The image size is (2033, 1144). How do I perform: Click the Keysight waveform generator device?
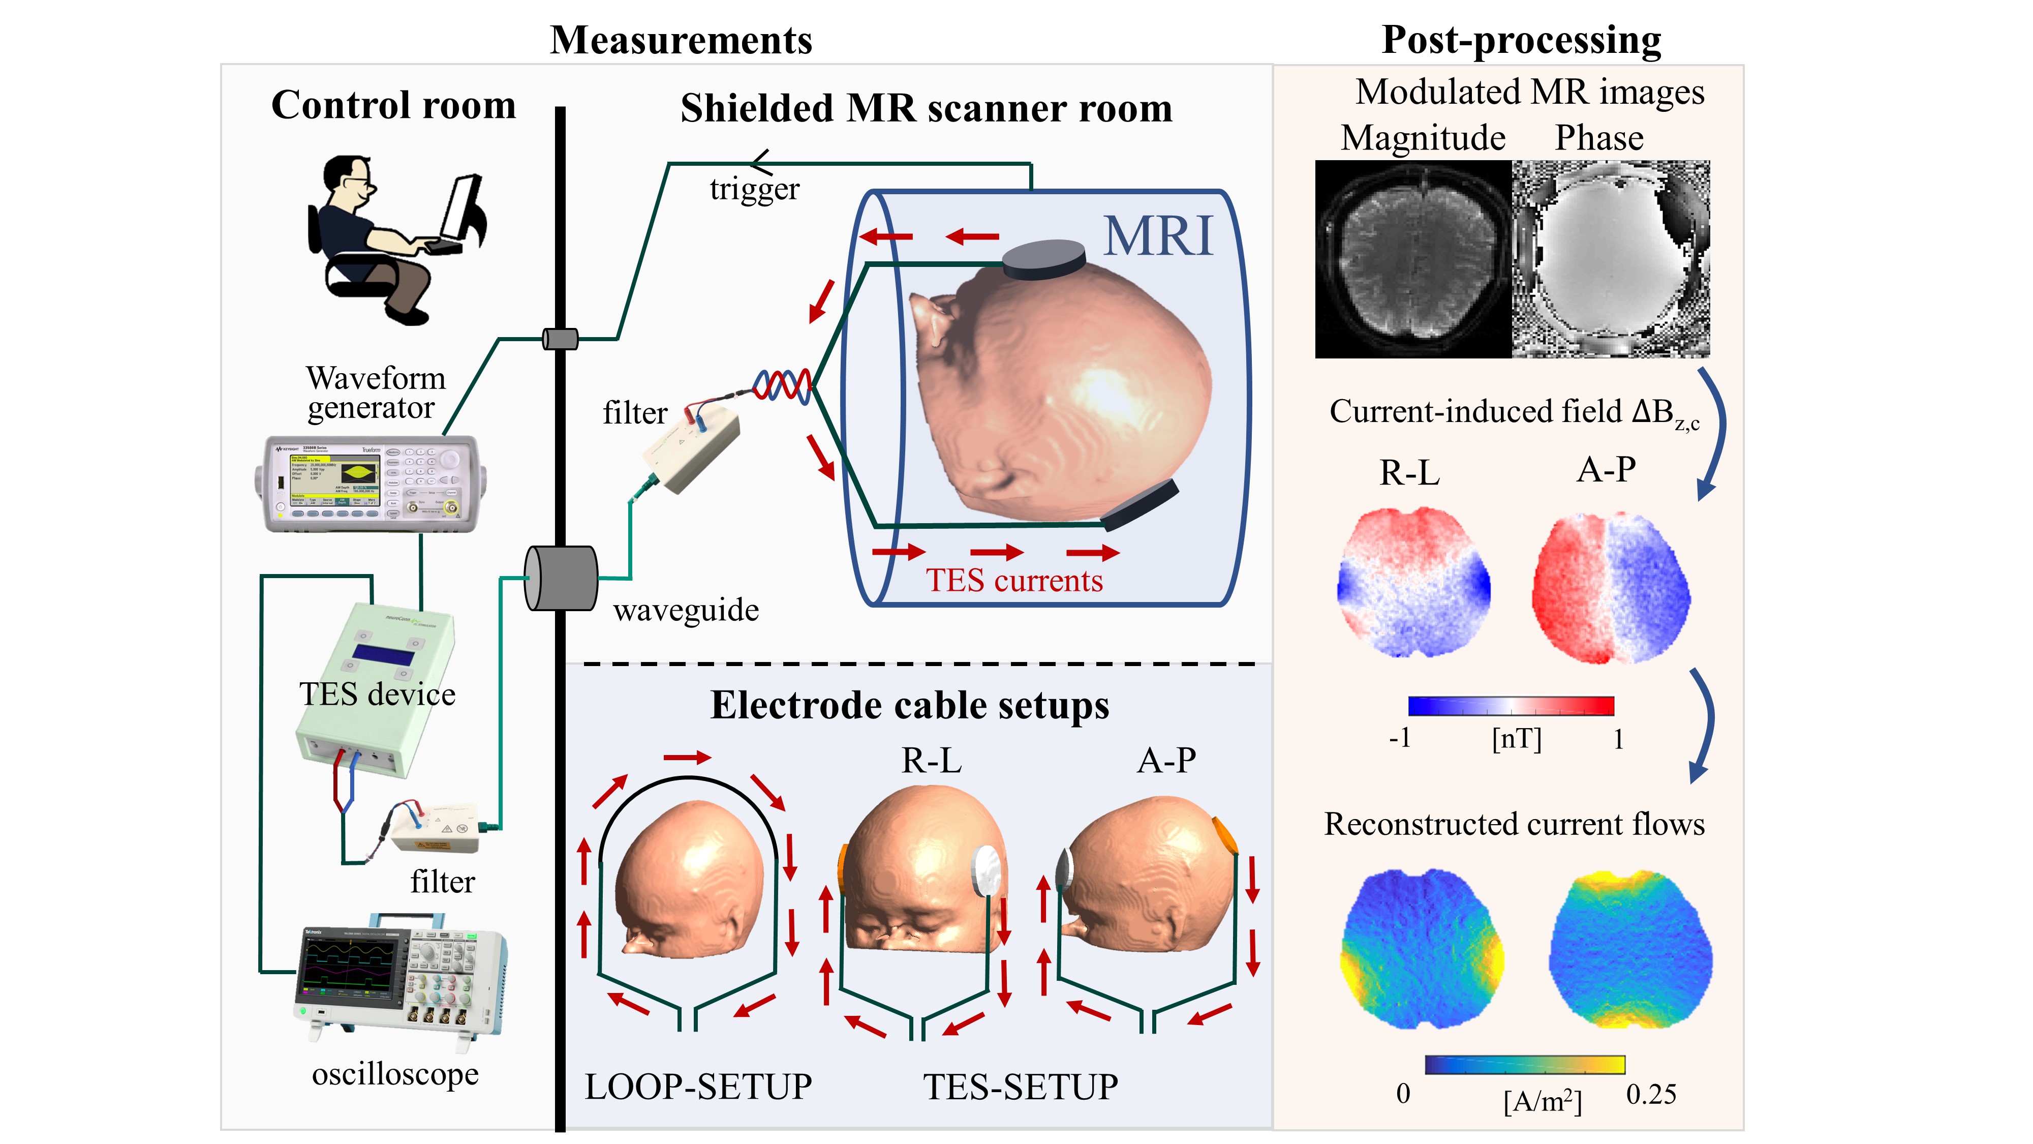[x=369, y=483]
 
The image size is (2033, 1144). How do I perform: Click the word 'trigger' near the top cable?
[x=754, y=190]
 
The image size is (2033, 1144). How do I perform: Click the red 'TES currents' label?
[x=1014, y=580]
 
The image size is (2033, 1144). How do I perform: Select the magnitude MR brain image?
[x=1413, y=259]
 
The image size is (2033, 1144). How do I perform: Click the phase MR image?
[x=1610, y=259]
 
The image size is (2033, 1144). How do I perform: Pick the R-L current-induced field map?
[x=1413, y=583]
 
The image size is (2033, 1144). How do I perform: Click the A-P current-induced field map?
[x=1610, y=588]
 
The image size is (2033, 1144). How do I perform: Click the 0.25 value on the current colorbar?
[x=1651, y=1094]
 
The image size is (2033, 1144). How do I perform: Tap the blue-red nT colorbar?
[x=1511, y=705]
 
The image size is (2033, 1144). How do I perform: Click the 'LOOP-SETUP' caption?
[x=698, y=1087]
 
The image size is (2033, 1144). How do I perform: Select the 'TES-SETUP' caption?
[x=1021, y=1087]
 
